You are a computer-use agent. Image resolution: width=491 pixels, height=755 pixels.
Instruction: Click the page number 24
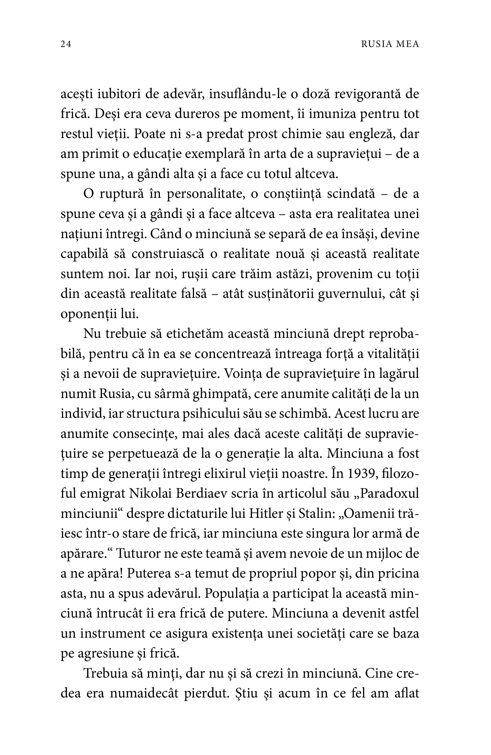(x=66, y=44)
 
